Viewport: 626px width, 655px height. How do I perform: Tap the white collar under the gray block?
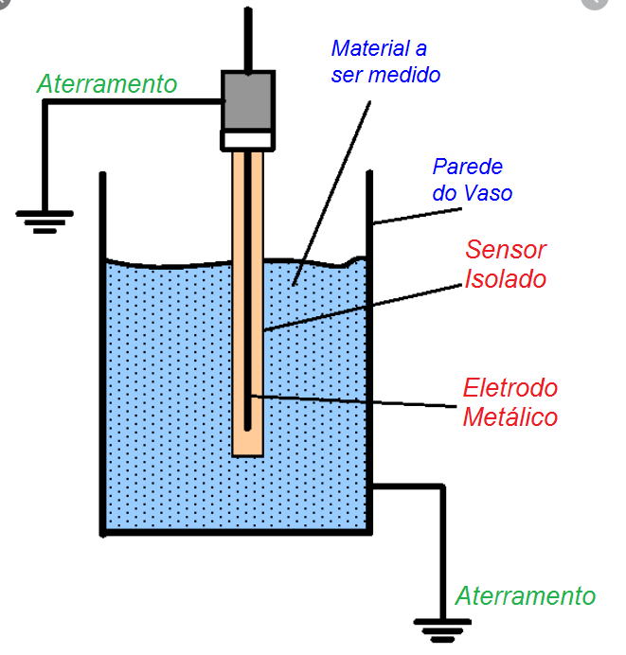(248, 141)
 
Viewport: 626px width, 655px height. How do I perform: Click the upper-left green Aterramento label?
(107, 84)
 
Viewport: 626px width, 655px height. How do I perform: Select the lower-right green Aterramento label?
(526, 596)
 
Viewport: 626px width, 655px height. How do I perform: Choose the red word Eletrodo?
(510, 388)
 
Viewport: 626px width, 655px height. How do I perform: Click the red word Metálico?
(510, 416)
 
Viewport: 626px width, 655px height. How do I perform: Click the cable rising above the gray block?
(248, 38)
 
